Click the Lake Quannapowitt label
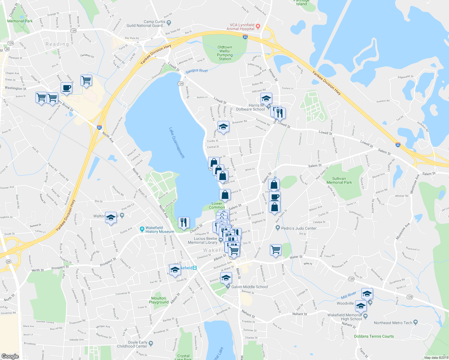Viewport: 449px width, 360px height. [177, 143]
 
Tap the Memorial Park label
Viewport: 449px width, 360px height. [20, 21]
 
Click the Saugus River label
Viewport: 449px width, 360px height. [197, 71]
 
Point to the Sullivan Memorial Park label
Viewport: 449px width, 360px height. [339, 180]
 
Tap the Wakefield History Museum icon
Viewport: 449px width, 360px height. [142, 229]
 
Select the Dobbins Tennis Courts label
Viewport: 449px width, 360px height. [374, 336]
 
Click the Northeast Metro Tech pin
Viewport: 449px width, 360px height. [415, 322]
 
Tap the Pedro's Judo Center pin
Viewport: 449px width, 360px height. [278, 228]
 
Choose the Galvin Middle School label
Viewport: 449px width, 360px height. [249, 287]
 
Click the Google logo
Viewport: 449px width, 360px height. [10, 356]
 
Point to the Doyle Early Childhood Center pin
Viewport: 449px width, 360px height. [151, 343]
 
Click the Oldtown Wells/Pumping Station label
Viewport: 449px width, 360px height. [225, 53]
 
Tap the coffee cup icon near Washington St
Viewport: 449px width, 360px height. [66, 88]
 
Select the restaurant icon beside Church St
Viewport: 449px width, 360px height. [184, 222]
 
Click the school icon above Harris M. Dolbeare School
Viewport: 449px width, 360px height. [266, 98]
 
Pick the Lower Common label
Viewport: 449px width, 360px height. [217, 205]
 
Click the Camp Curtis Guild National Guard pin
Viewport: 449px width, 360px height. [169, 22]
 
